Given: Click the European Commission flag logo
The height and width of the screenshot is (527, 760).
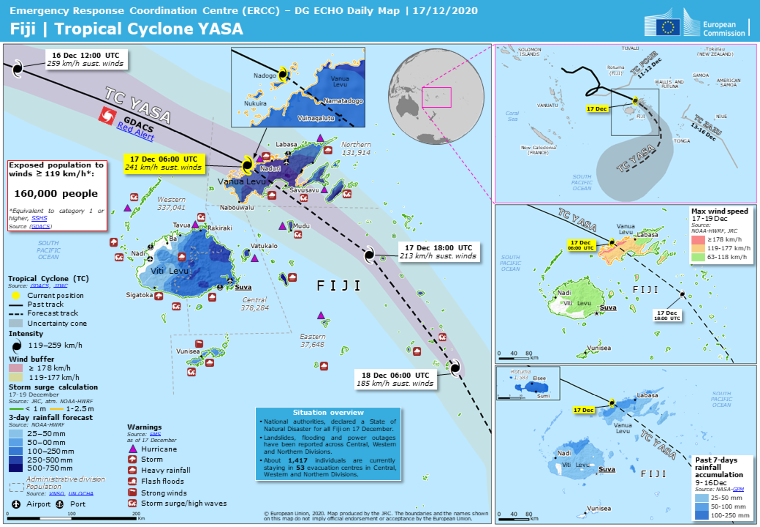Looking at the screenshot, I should pos(667,27).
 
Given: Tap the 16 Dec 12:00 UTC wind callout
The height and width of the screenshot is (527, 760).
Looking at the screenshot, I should pos(86,59).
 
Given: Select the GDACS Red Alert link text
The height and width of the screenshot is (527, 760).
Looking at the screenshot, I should pos(135,132).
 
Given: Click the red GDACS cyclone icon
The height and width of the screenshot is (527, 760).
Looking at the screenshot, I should pos(107,116).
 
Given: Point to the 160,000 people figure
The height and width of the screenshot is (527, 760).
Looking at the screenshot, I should pos(56,193).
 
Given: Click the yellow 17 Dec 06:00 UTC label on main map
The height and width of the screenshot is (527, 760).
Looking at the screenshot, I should pos(164,163).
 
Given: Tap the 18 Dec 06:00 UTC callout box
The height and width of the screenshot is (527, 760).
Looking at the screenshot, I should pos(395,379).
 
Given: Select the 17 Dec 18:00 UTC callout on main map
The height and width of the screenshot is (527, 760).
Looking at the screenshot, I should pos(438,252).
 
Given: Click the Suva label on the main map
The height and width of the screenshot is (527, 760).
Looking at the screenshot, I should pos(243,287).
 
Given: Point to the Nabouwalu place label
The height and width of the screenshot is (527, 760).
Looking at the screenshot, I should pos(237,207).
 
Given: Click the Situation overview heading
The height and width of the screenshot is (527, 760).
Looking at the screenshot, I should pos(328,412).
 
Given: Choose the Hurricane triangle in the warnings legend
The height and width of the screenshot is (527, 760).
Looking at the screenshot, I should pos(133,449).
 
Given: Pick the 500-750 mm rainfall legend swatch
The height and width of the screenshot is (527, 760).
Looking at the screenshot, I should pos(15,468).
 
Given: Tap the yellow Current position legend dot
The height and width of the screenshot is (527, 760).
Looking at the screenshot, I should pos(15,295).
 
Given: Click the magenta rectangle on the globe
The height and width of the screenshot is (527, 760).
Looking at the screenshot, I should pos(436,97).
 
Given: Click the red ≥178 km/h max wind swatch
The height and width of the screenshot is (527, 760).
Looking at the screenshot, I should pos(698,239).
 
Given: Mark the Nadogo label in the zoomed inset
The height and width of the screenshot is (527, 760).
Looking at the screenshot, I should pos(264,76).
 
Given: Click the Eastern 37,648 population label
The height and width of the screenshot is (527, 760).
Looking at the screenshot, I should pos(312,340).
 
